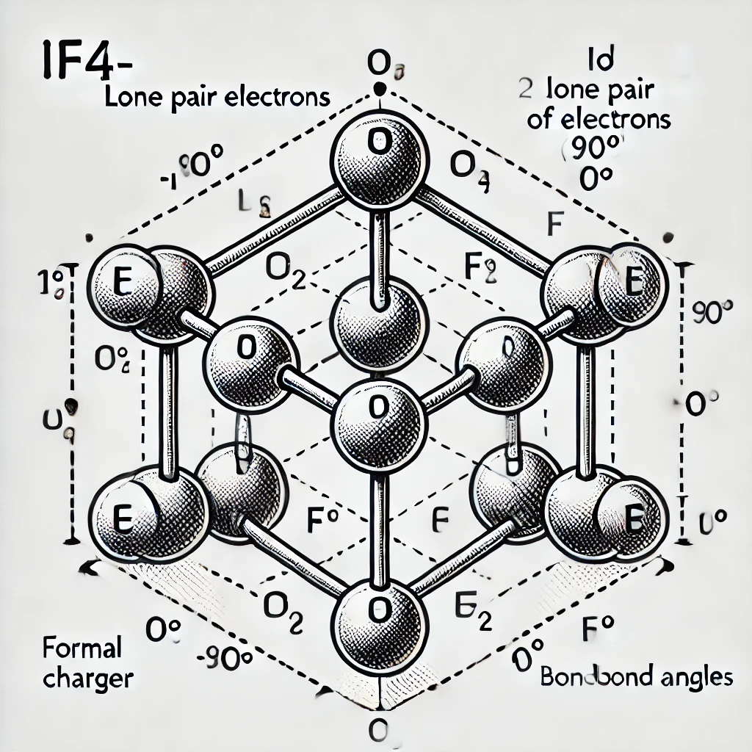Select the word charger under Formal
coord(88,678)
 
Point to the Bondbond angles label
coord(636,676)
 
